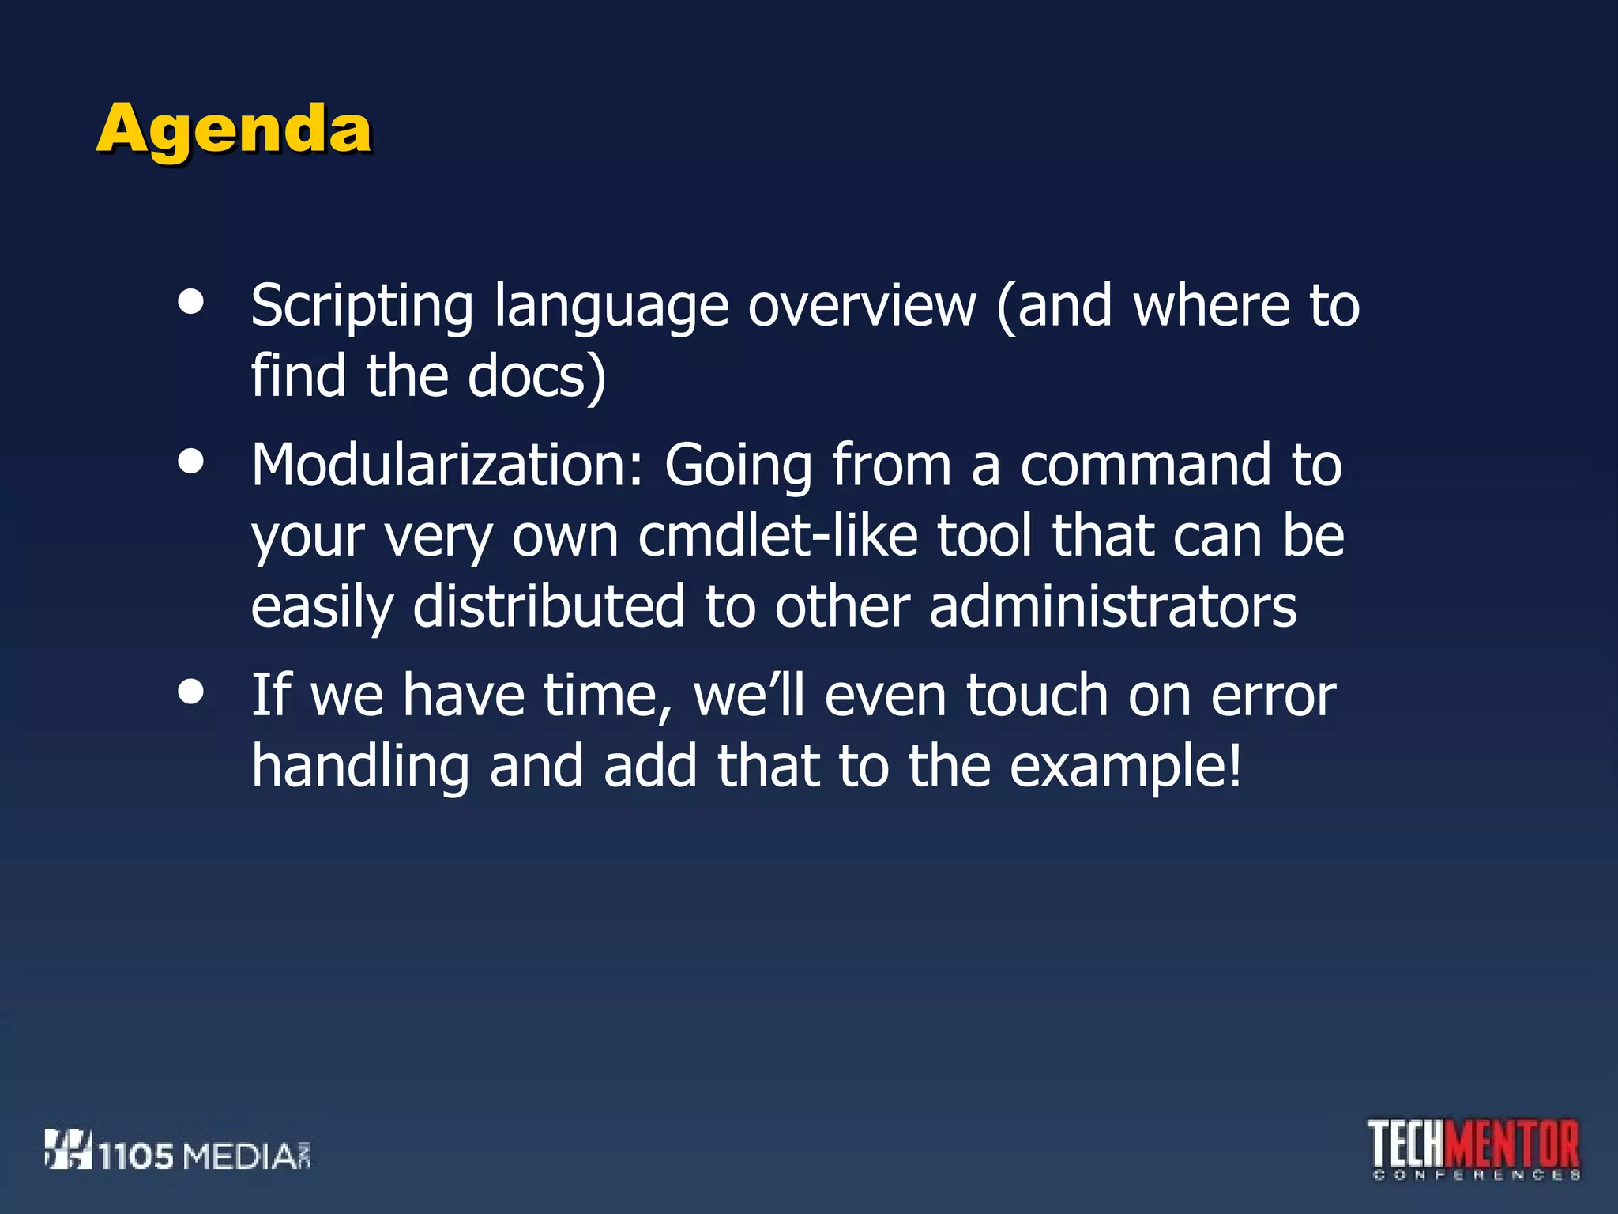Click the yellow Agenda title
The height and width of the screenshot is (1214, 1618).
[x=234, y=130]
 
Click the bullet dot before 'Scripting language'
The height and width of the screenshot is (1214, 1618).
[x=191, y=302]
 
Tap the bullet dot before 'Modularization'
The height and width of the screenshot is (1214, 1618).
[x=191, y=462]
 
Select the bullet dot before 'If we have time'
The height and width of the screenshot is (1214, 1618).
[x=191, y=692]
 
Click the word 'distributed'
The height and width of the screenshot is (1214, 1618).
[x=548, y=607]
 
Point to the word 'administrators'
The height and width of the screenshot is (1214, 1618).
[x=1112, y=607]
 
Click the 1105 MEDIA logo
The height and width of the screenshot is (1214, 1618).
[x=178, y=1152]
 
